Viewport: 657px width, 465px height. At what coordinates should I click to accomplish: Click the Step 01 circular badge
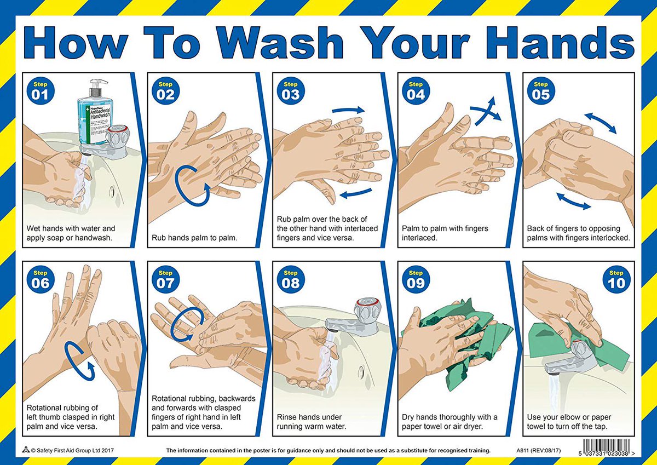click(x=40, y=91)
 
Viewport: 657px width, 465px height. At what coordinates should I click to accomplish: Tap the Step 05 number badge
click(x=540, y=91)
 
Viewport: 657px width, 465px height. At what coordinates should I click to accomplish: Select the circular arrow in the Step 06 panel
click(x=80, y=360)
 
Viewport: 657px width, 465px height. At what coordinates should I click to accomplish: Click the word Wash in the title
click(x=280, y=43)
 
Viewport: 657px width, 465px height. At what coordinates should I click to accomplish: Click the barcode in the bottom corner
click(x=606, y=448)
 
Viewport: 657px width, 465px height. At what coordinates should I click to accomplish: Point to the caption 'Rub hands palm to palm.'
click(x=194, y=238)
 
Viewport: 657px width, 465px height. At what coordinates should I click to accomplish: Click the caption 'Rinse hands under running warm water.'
click(x=312, y=422)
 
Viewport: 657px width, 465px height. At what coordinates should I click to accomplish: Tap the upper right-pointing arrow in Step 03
click(x=348, y=111)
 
